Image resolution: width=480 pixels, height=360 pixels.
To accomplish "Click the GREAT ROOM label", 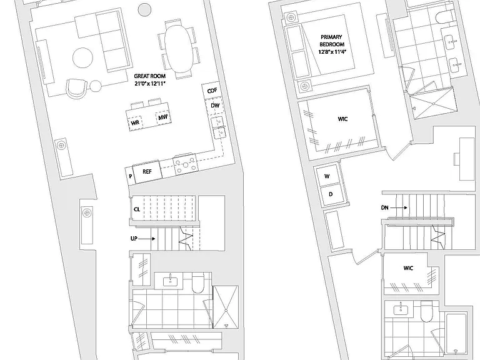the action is (150, 76).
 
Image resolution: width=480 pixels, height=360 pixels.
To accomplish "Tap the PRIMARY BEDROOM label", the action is (331, 41).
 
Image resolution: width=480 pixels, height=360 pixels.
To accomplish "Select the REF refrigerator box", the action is (147, 174).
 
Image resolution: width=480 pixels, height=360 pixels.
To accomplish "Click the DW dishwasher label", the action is (215, 106).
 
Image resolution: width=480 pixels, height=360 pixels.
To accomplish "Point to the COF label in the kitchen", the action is (212, 91).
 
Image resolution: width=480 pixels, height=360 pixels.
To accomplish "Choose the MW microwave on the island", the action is (163, 117).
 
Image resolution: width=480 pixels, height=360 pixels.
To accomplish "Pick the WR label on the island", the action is (135, 122).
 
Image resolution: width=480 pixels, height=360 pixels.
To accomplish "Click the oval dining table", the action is (179, 48).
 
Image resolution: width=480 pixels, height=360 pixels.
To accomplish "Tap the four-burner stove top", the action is (185, 165).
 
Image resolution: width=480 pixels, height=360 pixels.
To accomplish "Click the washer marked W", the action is (327, 176).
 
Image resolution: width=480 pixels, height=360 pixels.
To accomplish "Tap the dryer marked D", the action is (331, 194).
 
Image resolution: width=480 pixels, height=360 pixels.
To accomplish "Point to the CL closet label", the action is (137, 209).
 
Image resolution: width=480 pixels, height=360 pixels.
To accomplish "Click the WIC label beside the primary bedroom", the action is (342, 119).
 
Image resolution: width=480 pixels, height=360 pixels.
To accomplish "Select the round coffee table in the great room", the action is (83, 57).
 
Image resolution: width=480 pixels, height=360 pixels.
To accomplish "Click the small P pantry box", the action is (131, 176).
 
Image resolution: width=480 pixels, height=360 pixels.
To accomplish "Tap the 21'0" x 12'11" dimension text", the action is (150, 83).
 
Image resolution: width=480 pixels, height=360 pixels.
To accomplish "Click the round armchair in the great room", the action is (76, 89).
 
